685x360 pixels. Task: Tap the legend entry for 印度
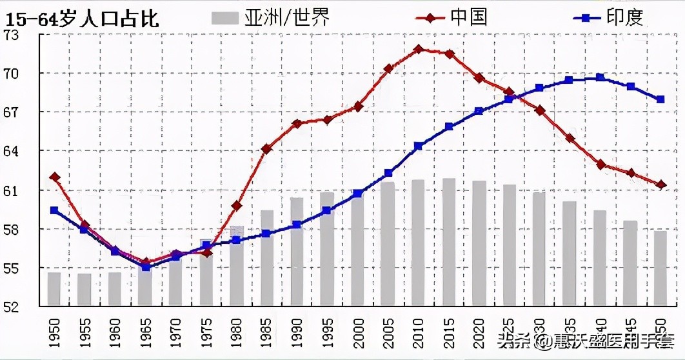click(x=606, y=17)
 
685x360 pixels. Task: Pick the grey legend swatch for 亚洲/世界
click(x=225, y=17)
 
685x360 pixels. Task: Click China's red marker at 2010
click(x=418, y=49)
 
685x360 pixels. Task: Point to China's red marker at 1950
click(x=54, y=177)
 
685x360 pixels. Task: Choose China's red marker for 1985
click(x=266, y=149)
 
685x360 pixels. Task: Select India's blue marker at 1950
click(x=54, y=210)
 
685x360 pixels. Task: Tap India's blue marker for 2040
click(x=600, y=77)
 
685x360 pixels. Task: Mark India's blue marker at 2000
click(x=357, y=193)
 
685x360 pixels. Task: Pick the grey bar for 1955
click(x=84, y=290)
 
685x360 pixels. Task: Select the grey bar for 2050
click(x=660, y=268)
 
